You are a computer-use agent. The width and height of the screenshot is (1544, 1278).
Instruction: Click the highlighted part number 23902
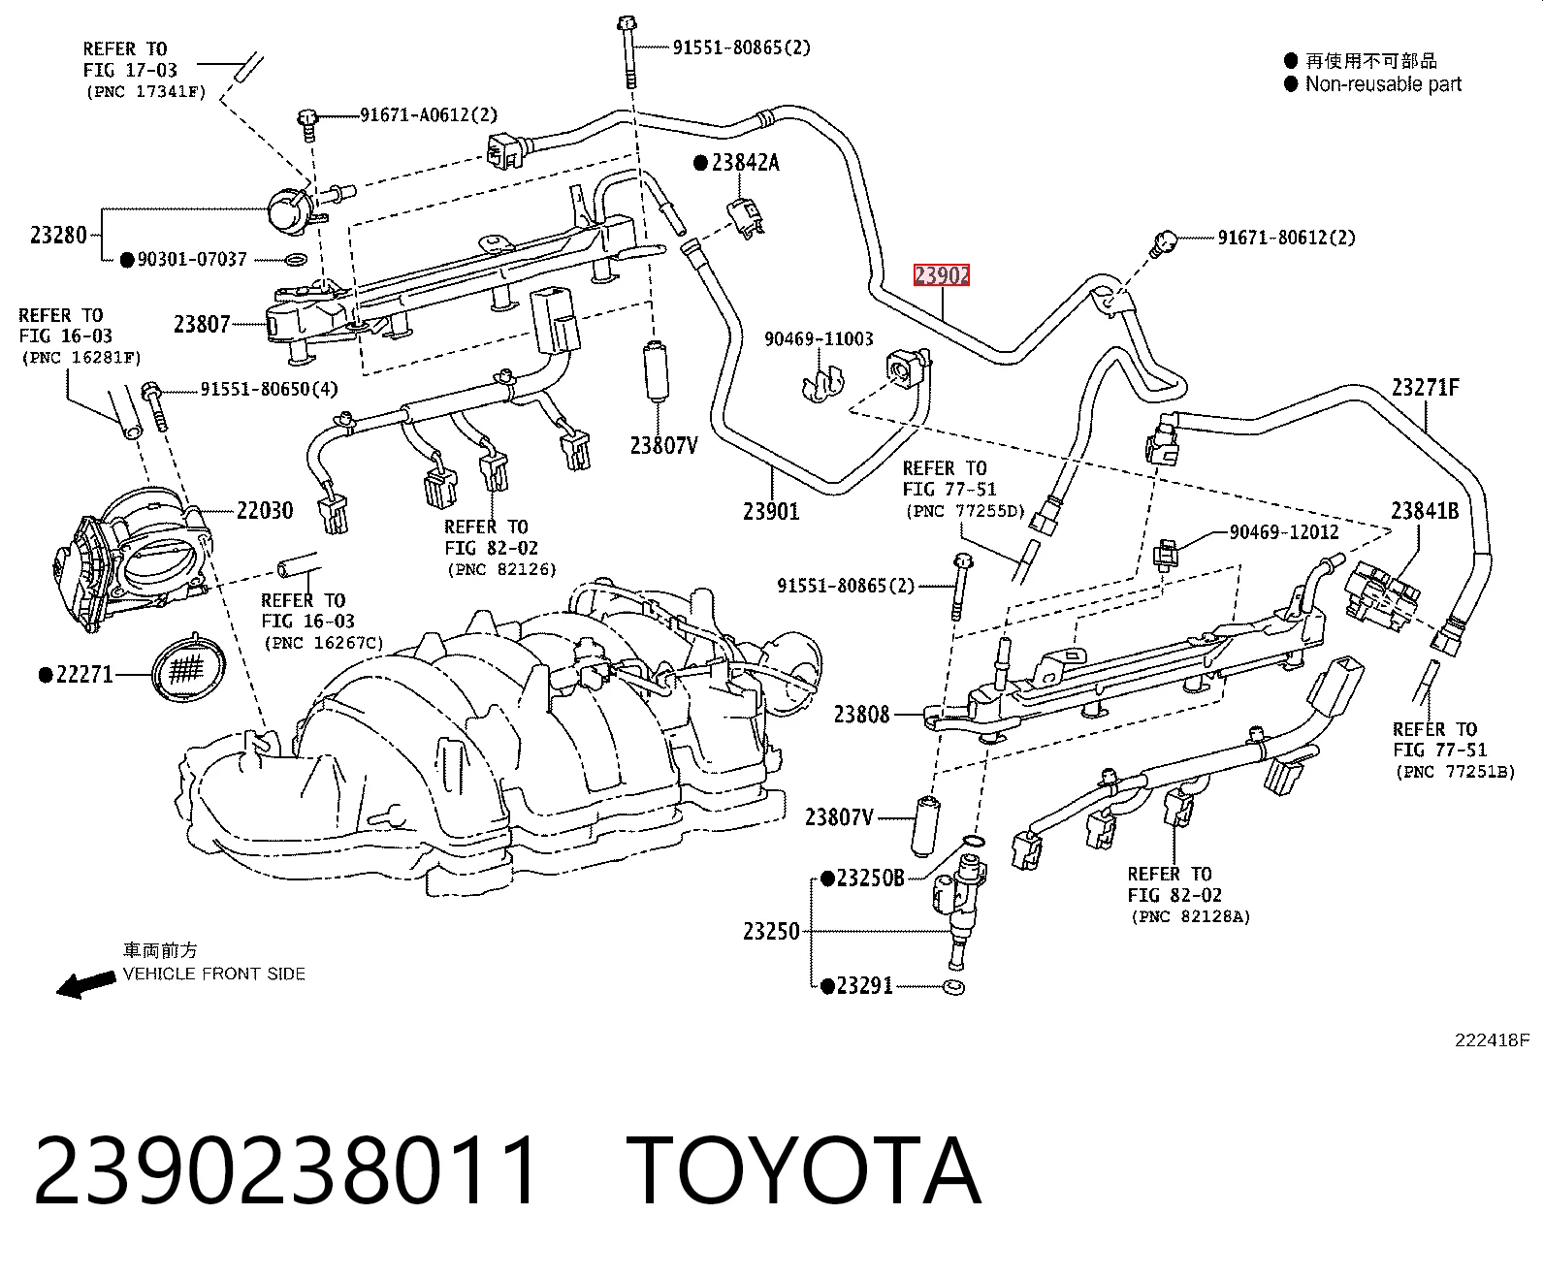click(942, 275)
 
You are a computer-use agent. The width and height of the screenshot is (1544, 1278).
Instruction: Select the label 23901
click(771, 511)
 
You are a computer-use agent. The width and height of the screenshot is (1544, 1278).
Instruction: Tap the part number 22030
click(265, 510)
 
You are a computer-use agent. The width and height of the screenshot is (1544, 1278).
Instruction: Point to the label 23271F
click(1426, 388)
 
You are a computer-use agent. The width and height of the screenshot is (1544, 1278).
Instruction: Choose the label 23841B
click(1425, 511)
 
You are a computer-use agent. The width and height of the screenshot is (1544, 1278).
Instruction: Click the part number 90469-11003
click(819, 338)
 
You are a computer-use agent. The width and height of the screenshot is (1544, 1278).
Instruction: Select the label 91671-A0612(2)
click(429, 114)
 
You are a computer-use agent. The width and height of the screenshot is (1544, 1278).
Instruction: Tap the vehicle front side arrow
click(85, 985)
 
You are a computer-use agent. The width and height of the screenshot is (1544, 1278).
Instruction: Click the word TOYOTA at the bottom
click(803, 1170)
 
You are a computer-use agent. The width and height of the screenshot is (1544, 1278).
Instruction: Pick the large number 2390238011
click(286, 1170)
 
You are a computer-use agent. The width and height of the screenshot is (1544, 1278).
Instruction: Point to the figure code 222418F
click(1492, 1040)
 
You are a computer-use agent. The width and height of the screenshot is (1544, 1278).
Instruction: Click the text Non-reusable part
click(1383, 84)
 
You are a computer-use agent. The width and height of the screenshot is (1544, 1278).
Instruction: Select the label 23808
click(861, 715)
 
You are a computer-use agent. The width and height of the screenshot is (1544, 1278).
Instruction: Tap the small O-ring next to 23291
click(954, 987)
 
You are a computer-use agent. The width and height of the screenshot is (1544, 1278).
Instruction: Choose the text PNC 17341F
click(146, 92)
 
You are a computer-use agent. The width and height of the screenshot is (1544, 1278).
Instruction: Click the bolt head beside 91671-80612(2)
click(1164, 240)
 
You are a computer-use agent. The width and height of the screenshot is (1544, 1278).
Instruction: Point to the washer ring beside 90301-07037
click(296, 260)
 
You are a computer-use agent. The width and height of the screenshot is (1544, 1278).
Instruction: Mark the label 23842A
click(746, 163)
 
